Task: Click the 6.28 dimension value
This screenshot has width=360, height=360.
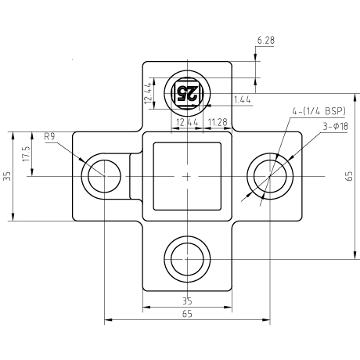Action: click(x=266, y=40)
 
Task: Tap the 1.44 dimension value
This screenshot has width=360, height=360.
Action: click(x=243, y=99)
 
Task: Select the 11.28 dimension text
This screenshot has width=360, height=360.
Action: click(x=218, y=122)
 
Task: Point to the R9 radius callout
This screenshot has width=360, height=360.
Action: click(x=49, y=136)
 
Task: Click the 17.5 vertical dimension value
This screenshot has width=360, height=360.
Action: click(x=27, y=153)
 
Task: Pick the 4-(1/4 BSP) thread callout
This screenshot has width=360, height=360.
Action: click(x=319, y=111)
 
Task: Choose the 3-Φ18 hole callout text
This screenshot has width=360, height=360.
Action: click(x=336, y=126)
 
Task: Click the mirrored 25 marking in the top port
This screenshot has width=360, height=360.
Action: click(x=187, y=93)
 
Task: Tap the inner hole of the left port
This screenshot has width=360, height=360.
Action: click(x=104, y=176)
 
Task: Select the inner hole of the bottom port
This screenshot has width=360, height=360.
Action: click(x=187, y=259)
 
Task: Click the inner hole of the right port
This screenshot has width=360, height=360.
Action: click(x=270, y=176)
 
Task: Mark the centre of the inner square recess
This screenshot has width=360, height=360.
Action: click(x=187, y=176)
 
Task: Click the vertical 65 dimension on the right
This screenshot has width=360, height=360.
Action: click(x=349, y=176)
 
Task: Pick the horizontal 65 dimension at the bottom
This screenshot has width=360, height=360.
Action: click(x=187, y=314)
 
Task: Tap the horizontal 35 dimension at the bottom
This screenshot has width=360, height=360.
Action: click(x=187, y=301)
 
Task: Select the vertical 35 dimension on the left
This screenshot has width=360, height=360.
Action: click(x=8, y=176)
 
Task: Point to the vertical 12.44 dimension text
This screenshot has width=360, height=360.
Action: click(x=148, y=92)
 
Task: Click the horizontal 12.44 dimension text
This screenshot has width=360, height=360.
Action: click(x=187, y=122)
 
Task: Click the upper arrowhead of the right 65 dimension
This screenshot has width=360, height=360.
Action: click(x=355, y=97)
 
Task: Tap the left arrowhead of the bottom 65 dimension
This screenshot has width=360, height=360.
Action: click(x=108, y=319)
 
